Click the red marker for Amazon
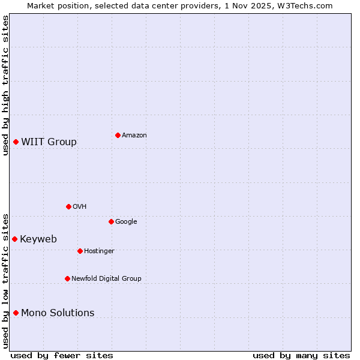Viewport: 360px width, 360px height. tap(118, 135)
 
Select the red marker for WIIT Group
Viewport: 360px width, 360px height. tap(16, 142)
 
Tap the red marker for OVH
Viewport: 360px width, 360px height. tap(68, 206)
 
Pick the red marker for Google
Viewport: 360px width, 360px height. tap(111, 221)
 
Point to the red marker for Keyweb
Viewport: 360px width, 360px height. tap(15, 239)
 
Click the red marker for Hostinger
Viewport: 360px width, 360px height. tap(80, 251)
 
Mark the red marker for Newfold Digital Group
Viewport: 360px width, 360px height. tap(67, 278)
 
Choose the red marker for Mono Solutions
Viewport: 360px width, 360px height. tap(16, 313)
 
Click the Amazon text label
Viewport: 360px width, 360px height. tap(134, 136)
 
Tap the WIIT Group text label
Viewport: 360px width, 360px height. tap(49, 142)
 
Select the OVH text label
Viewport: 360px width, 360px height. tap(80, 207)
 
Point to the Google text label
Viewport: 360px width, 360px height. tap(126, 222)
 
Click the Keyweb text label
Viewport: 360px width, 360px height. tap(38, 239)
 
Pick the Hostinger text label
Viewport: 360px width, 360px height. tap(99, 251)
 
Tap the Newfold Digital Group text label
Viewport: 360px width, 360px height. tap(107, 279)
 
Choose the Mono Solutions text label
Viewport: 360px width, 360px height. tap(58, 313)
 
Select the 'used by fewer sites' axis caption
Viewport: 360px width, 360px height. tap(62, 355)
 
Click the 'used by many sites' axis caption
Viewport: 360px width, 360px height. tap(301, 355)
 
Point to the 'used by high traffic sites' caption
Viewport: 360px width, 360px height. tap(5, 85)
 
